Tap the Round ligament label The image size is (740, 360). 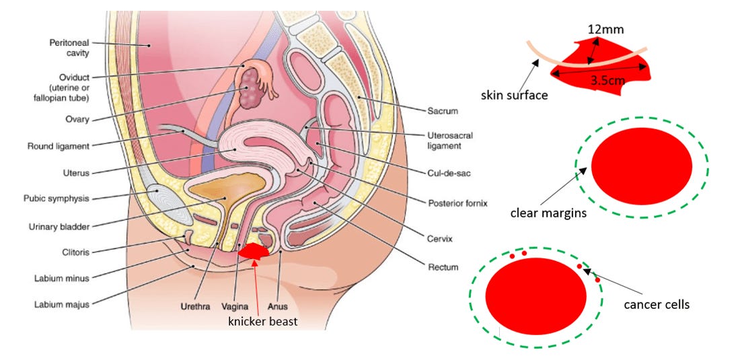(59, 145)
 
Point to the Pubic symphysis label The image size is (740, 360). (61, 199)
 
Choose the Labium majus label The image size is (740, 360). (62, 304)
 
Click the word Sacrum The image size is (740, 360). (443, 110)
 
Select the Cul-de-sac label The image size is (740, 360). (449, 173)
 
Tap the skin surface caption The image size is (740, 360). (514, 95)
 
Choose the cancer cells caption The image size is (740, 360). (657, 304)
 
